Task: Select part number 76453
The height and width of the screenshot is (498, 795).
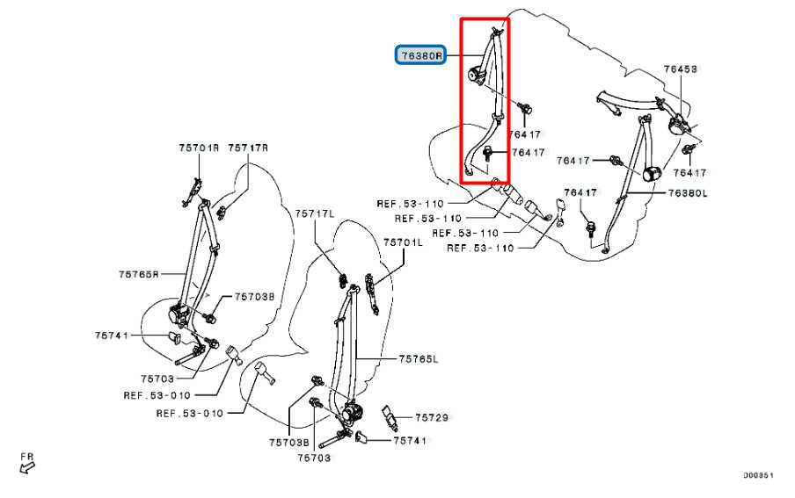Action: click(x=681, y=68)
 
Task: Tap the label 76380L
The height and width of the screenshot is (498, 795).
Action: click(x=688, y=192)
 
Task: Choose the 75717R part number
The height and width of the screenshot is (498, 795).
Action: click(x=247, y=148)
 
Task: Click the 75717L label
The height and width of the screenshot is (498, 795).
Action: click(x=315, y=213)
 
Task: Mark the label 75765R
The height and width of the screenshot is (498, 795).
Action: click(x=139, y=274)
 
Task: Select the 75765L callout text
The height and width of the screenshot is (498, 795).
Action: click(x=418, y=358)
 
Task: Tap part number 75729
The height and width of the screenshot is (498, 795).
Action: click(x=432, y=418)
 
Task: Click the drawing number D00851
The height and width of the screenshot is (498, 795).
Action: click(x=758, y=475)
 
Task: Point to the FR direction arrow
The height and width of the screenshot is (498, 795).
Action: click(x=28, y=463)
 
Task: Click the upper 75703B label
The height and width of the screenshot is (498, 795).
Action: click(x=254, y=297)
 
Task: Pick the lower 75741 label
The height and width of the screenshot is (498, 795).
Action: click(x=410, y=440)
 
